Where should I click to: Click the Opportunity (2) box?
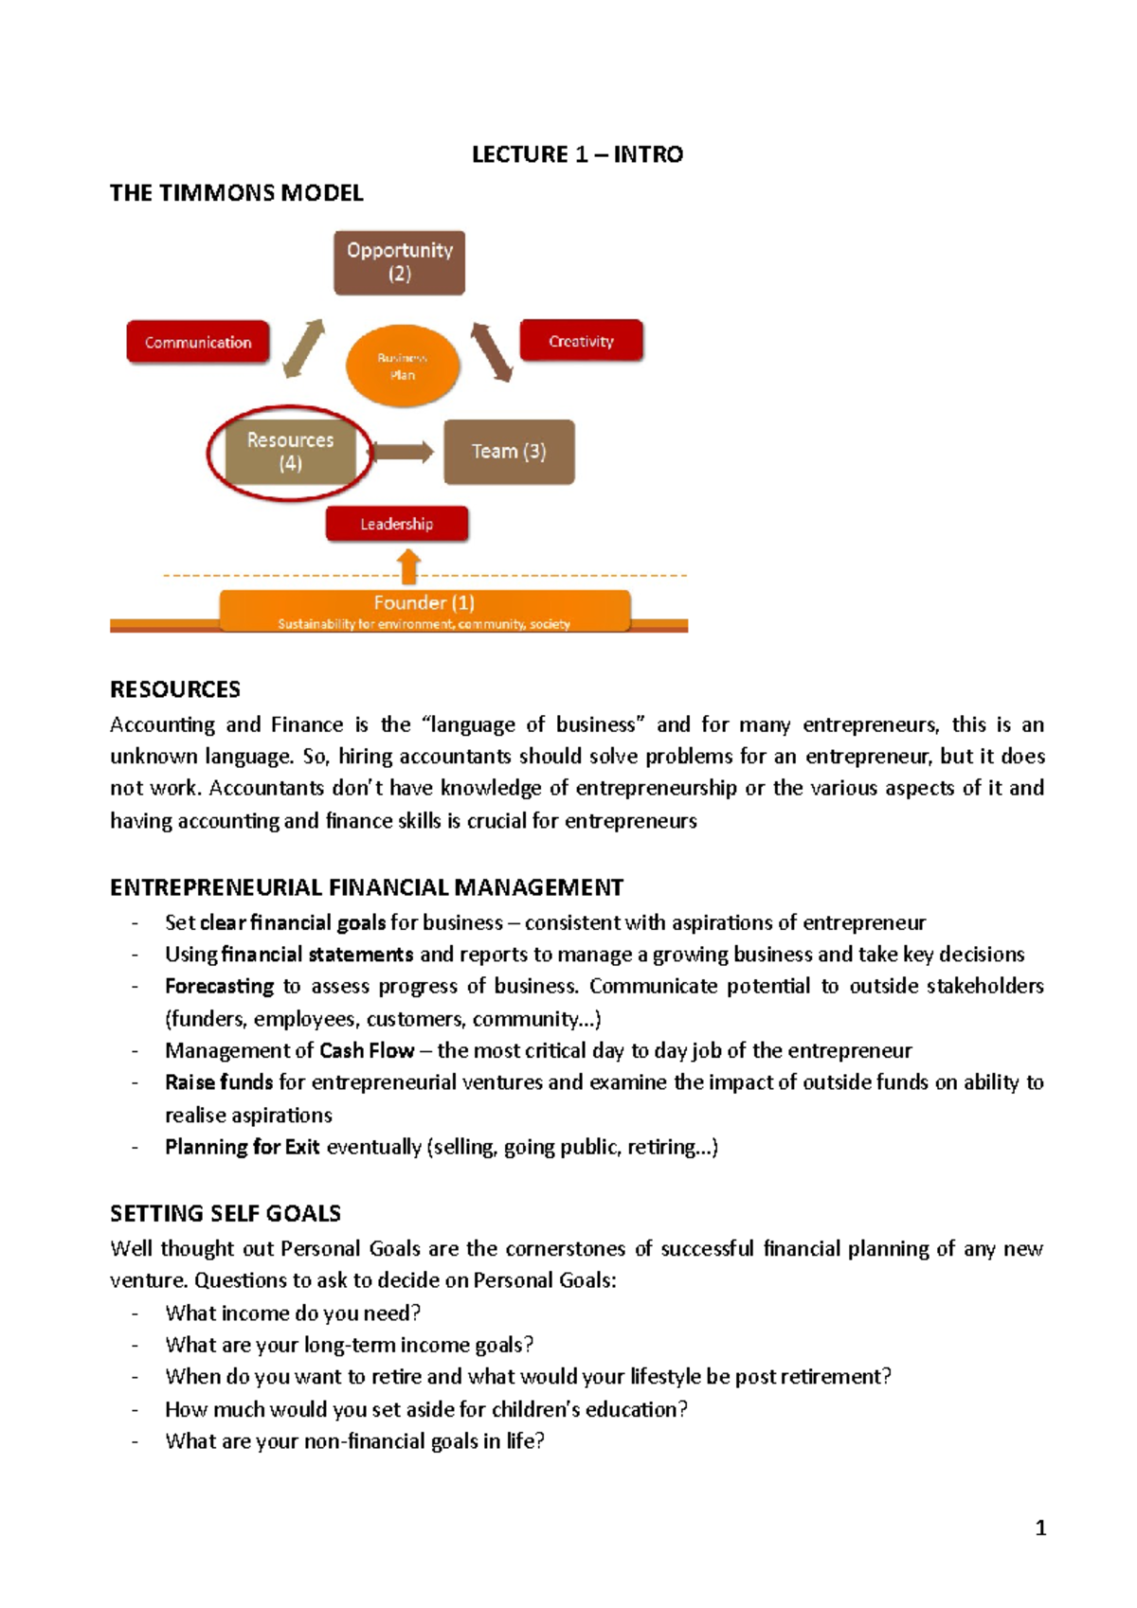point(399,262)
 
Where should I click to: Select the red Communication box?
point(198,342)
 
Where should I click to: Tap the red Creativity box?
point(581,341)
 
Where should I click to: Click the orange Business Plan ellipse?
point(403,366)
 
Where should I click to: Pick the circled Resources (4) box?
point(290,452)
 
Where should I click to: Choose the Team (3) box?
point(509,452)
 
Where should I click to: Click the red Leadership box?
point(396,524)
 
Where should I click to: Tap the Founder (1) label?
point(424,602)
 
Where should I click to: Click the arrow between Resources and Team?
point(402,452)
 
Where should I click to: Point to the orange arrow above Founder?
point(409,568)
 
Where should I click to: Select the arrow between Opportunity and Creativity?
point(492,351)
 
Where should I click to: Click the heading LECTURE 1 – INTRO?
point(577,154)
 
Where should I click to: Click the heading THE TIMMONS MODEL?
point(237,193)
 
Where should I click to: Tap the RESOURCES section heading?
point(175,689)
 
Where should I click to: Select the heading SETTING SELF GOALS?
point(226,1213)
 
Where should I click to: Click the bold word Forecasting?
point(219,986)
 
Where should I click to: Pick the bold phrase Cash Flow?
point(367,1050)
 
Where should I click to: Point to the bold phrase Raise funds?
point(219,1082)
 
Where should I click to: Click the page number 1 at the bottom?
point(1040,1528)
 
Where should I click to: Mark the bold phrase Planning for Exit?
point(242,1147)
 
